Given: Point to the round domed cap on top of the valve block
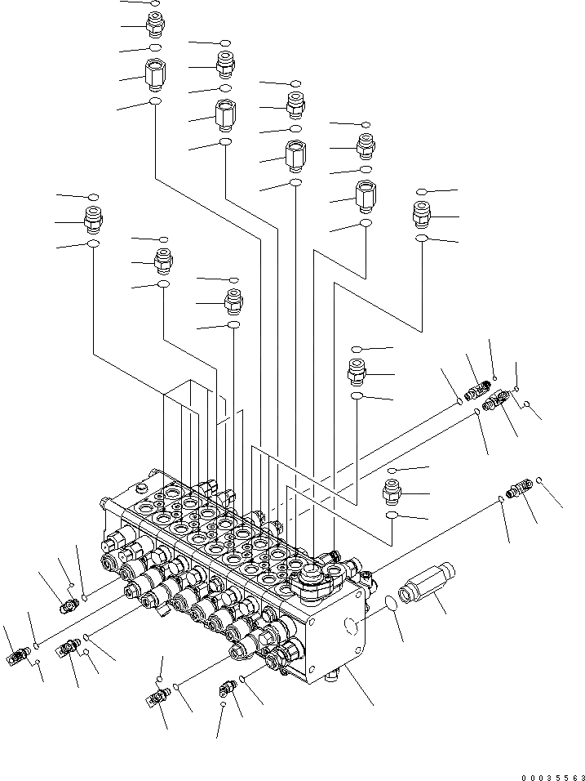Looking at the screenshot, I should click(x=313, y=573).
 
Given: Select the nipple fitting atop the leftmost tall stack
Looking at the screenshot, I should click(x=155, y=25).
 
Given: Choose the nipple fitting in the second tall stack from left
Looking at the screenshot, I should click(x=224, y=64).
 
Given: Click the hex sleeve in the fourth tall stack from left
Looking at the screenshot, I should click(x=365, y=196).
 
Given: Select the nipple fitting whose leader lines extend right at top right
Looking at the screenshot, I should click(x=423, y=216).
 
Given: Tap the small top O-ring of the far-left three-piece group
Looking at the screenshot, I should click(x=94, y=197).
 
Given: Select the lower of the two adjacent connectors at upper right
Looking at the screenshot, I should click(x=498, y=400).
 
